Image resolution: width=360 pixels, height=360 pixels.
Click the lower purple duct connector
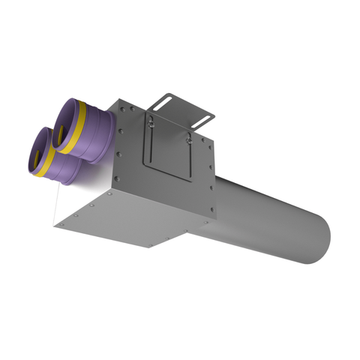tap(60, 155)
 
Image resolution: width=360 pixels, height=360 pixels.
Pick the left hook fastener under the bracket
tap(147, 122)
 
